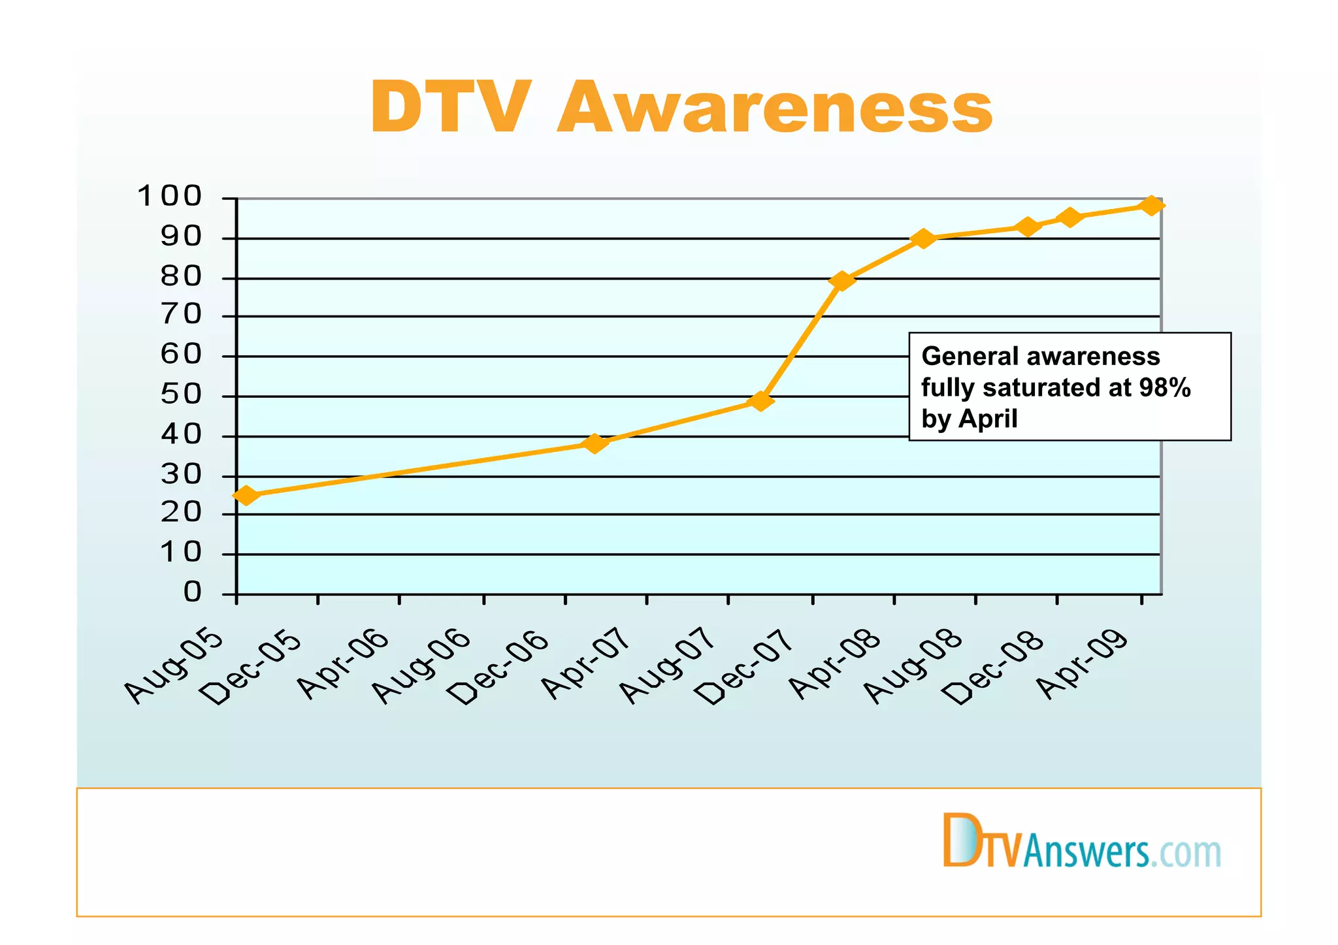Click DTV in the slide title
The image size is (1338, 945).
tap(449, 108)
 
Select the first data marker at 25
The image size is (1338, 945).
tap(246, 496)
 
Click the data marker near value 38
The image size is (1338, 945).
tap(595, 443)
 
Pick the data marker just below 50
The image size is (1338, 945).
tap(760, 401)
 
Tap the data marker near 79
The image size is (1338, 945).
tap(842, 281)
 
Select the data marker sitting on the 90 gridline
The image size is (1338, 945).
tap(923, 238)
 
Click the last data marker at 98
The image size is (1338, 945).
tap(1151, 206)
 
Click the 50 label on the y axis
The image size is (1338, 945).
tap(181, 395)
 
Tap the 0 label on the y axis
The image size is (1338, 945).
tap(193, 592)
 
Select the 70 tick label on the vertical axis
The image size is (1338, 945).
tap(181, 315)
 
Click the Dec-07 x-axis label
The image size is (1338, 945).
tap(745, 667)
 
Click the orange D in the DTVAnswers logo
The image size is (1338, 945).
tap(957, 841)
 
